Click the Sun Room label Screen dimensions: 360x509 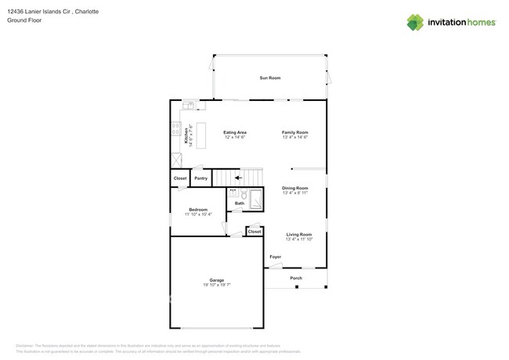[270, 78]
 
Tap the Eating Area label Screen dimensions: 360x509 [235, 132]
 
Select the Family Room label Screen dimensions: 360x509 [295, 132]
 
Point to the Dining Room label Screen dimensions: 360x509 [295, 188]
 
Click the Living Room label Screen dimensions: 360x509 [298, 235]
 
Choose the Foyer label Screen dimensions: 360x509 [275, 257]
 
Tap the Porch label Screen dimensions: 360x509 [296, 279]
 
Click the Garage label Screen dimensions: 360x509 [216, 280]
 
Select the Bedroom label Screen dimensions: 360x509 [197, 210]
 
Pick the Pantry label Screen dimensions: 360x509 [200, 178]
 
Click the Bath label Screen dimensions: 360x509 [239, 203]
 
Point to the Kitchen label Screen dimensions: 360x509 [186, 135]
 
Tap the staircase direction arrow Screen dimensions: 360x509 [238, 178]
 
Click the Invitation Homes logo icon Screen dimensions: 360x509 [415, 23]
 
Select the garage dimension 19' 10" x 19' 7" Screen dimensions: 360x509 [216, 286]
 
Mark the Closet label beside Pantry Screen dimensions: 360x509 [180, 178]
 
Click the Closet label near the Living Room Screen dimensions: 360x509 [254, 232]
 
